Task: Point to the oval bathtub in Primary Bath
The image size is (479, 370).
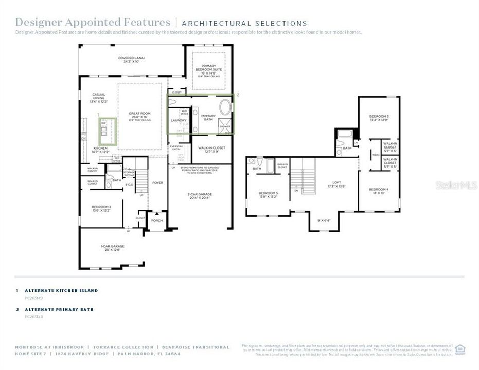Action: coord(225,107)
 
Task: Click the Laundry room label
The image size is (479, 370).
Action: coord(179,120)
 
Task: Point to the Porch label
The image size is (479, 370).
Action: coord(156,221)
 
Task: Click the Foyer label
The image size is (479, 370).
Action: coord(157,182)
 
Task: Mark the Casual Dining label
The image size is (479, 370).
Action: coord(99,96)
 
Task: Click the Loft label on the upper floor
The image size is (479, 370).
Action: coord(336,183)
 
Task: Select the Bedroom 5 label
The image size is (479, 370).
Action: coord(269,194)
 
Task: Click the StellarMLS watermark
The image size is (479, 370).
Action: coord(456,185)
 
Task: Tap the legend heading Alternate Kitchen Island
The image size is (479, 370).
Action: coord(61,290)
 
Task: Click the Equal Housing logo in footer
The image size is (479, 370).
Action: coord(460,349)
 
